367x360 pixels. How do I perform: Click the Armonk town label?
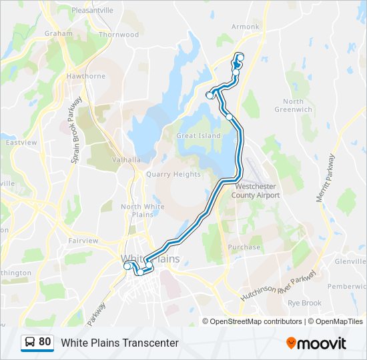click(246, 27)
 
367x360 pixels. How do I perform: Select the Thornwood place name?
click(119, 34)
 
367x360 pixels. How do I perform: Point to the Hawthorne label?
click(86, 76)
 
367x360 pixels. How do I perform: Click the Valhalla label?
click(126, 159)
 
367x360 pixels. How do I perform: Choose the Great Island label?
click(198, 135)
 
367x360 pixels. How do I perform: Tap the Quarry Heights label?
click(173, 174)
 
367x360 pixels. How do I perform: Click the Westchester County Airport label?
click(255, 191)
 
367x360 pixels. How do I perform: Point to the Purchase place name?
click(244, 247)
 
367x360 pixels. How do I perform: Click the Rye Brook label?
click(304, 303)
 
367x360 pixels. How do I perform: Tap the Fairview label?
click(83, 241)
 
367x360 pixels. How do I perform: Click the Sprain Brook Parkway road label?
click(75, 131)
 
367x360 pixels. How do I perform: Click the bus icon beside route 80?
click(30, 342)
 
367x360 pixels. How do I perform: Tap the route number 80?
click(45, 342)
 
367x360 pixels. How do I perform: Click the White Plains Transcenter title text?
click(120, 343)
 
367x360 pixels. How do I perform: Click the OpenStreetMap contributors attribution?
click(256, 321)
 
